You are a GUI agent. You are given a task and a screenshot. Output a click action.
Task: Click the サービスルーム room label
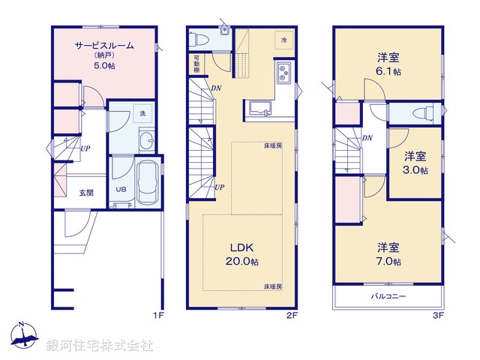(x=103, y=45)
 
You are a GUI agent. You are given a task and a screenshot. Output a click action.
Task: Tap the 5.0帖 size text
(x=103, y=65)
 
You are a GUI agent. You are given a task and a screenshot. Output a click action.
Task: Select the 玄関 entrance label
(x=86, y=193)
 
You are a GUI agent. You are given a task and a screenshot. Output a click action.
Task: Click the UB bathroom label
(x=121, y=189)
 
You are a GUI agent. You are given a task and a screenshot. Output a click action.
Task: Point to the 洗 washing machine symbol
(x=142, y=113)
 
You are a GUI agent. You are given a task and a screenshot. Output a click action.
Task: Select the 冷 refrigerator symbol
(x=284, y=39)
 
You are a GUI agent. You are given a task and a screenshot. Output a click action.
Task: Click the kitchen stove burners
(x=285, y=73)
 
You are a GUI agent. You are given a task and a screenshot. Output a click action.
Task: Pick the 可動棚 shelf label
(x=196, y=63)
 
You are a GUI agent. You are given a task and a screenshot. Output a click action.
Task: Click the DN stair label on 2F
(x=215, y=88)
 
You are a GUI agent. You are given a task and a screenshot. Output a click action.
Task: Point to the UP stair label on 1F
(x=86, y=148)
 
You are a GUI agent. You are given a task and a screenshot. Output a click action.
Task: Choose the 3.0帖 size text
(x=415, y=170)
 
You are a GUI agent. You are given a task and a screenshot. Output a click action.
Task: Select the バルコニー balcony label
(x=388, y=297)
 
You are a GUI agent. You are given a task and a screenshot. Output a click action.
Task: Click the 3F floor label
(x=438, y=316)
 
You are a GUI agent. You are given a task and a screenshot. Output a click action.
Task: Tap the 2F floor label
(x=292, y=316)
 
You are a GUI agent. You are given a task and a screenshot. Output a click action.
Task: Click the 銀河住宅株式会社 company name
(x=100, y=346)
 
